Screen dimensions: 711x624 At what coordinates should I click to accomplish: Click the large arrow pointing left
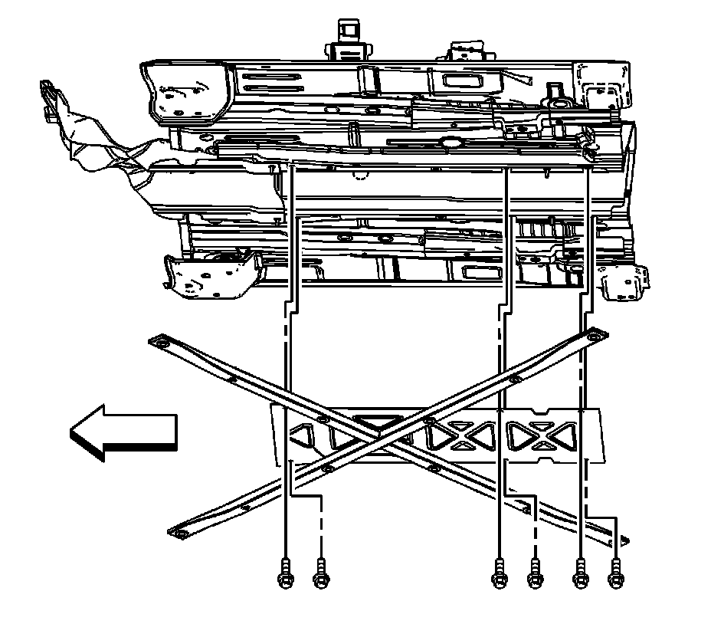[123, 433]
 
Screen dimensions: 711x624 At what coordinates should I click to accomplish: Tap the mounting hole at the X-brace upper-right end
[595, 337]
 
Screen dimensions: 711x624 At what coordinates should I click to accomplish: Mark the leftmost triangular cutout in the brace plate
[300, 438]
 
